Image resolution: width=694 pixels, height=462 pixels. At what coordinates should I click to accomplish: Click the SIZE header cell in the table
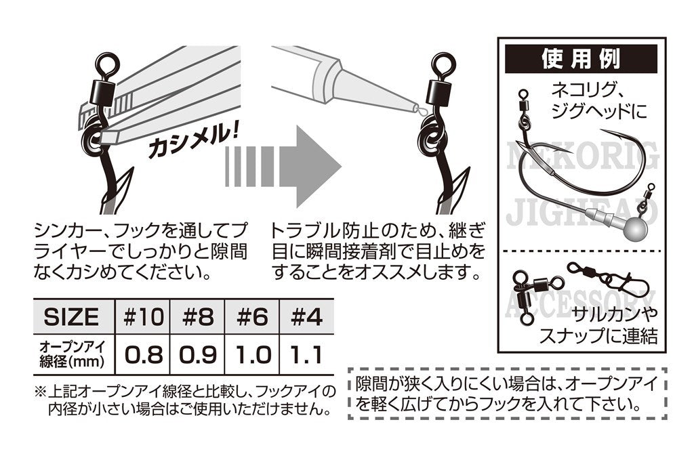(71, 316)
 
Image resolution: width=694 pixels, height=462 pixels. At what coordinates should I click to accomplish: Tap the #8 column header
(197, 316)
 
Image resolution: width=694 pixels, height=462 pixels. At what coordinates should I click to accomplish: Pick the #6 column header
(251, 316)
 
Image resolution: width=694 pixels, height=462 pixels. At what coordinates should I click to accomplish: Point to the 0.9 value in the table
(197, 354)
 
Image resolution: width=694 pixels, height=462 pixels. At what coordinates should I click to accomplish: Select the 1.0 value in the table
(251, 354)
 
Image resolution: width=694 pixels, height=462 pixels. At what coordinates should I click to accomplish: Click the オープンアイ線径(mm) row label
(71, 354)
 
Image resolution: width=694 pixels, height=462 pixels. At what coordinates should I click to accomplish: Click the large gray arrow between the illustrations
(285, 163)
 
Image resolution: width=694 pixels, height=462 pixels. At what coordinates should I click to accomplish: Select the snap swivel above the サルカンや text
(595, 274)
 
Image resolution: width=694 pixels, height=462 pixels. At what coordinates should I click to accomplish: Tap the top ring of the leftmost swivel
(106, 66)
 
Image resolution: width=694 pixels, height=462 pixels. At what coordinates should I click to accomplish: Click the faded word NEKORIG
(581, 158)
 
